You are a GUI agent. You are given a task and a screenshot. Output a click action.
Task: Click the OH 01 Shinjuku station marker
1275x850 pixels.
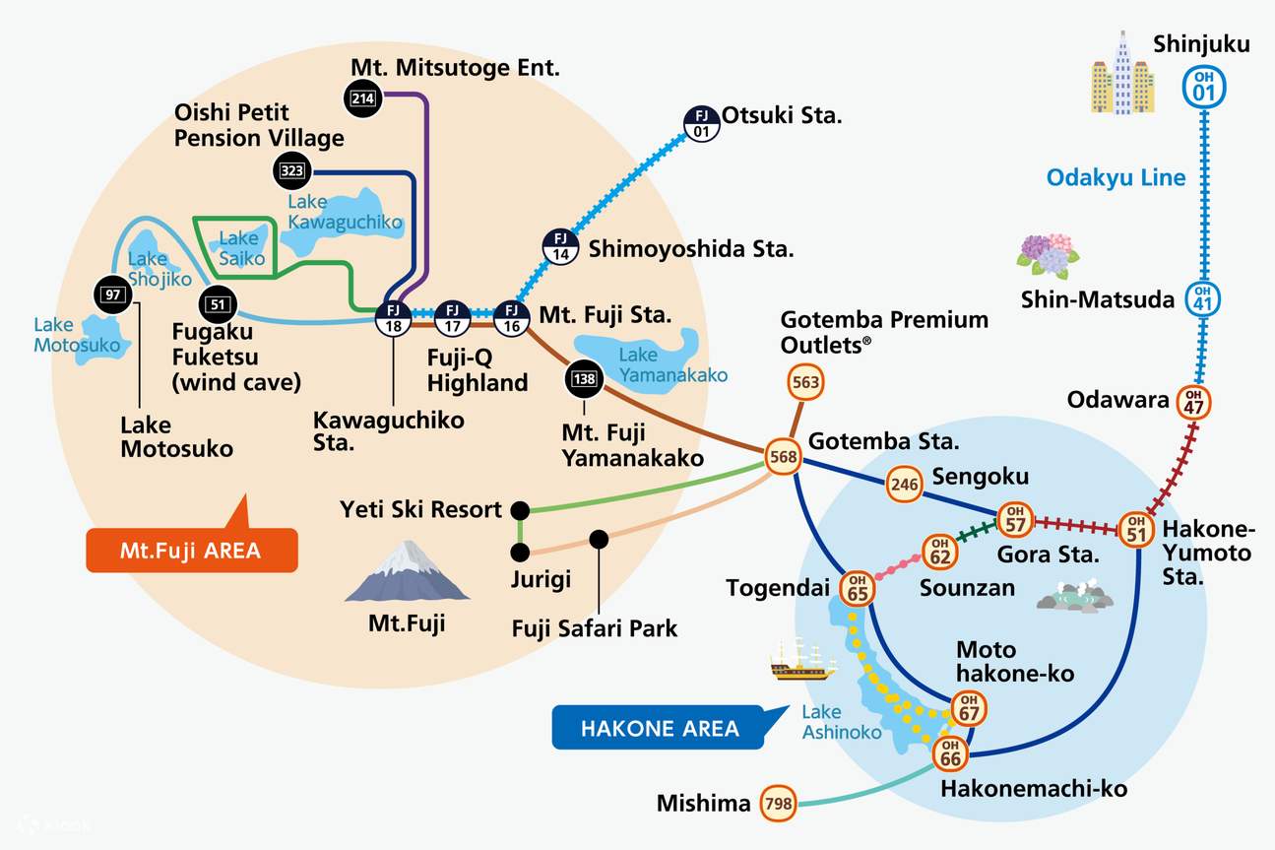tap(1202, 87)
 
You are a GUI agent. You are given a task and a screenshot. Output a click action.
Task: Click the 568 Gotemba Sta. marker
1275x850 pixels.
tap(784, 457)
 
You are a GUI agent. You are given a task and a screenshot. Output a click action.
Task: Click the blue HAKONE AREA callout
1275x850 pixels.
tap(659, 728)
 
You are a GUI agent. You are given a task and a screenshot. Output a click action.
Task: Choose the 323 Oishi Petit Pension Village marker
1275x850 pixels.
tap(291, 171)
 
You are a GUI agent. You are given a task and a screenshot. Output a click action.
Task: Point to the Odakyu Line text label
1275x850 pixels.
tap(1115, 177)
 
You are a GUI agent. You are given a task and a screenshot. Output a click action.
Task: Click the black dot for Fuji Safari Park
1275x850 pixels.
tap(599, 539)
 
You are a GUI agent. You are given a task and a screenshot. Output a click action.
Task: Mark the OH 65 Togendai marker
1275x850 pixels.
tap(857, 589)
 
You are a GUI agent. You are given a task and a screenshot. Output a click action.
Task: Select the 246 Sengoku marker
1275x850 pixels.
tap(904, 483)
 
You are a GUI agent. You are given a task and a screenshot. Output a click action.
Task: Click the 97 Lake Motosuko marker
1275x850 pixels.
tap(110, 294)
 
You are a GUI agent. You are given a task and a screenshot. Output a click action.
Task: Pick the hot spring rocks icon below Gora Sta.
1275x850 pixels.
tap(1076, 597)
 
